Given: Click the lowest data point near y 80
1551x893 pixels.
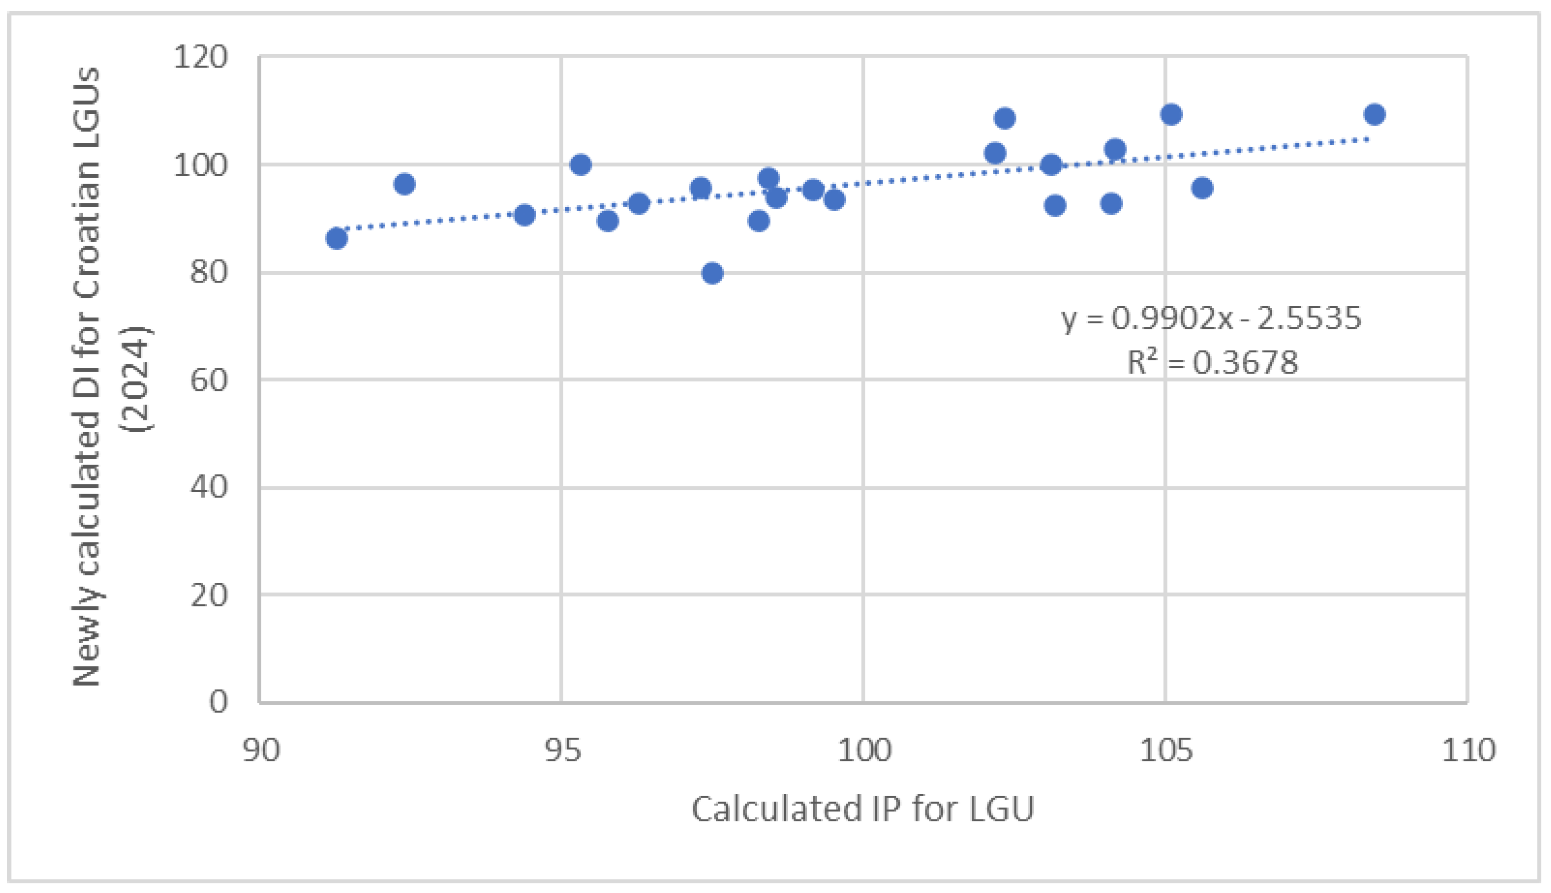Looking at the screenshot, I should tap(712, 273).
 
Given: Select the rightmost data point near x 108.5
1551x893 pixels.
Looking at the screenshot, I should tap(1374, 115).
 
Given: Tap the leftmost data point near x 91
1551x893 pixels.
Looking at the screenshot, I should tap(336, 238).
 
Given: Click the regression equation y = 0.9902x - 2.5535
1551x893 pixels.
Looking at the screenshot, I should tap(1211, 318).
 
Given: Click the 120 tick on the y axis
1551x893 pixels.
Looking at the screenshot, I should tap(200, 58).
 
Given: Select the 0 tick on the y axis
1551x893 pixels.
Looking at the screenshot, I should tap(218, 701).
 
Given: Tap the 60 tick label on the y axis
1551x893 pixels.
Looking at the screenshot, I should tap(209, 380).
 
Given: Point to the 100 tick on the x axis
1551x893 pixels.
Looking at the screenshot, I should tap(864, 750).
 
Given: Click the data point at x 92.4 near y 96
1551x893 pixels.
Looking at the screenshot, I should tap(405, 184).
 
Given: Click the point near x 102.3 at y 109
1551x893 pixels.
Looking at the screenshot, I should tap(1004, 118).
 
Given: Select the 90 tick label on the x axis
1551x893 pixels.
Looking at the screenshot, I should tap(260, 750).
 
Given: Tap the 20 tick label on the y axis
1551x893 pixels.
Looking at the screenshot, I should tap(209, 595).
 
